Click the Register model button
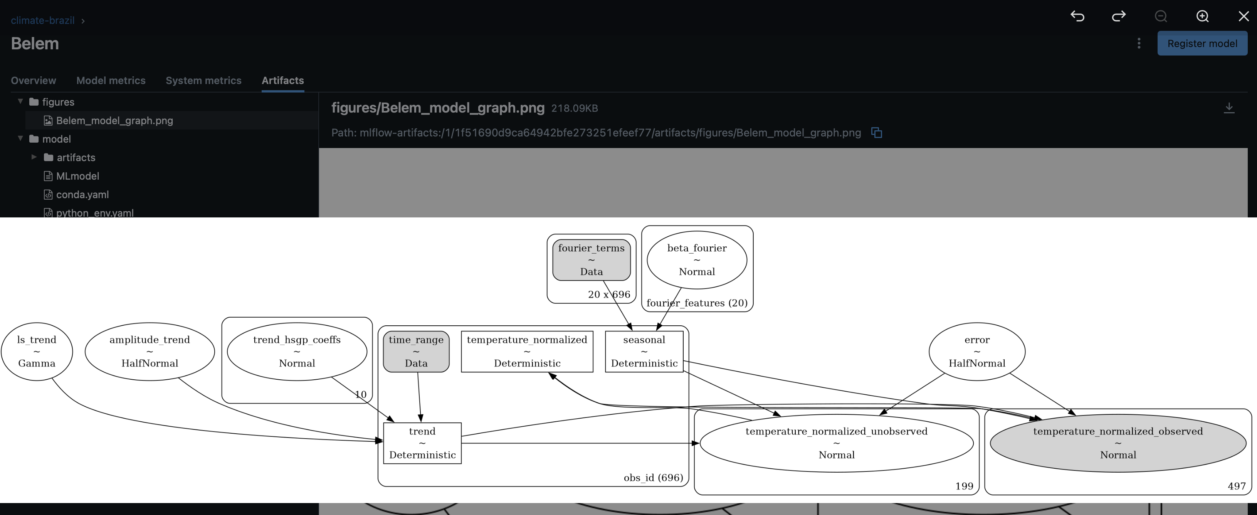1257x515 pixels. pyautogui.click(x=1202, y=44)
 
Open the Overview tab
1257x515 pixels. pyautogui.click(x=33, y=81)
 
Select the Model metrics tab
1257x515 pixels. pyautogui.click(x=111, y=81)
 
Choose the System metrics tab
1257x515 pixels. pyautogui.click(x=203, y=81)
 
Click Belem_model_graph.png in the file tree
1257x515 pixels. pyautogui.click(x=114, y=121)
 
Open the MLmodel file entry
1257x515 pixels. pyautogui.click(x=77, y=176)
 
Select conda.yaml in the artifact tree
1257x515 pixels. pyautogui.click(x=82, y=195)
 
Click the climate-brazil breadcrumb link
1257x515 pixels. pyautogui.click(x=42, y=20)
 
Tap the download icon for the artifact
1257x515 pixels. pyautogui.click(x=1229, y=108)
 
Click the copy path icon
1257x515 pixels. pyautogui.click(x=876, y=133)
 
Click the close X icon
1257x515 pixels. pyautogui.click(x=1244, y=16)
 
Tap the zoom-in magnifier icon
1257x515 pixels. pyautogui.click(x=1202, y=16)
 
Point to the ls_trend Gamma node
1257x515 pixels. pyautogui.click(x=37, y=352)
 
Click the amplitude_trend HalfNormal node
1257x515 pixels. pyautogui.click(x=150, y=352)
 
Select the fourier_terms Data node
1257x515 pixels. pyautogui.click(x=592, y=260)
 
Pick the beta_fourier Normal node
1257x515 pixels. pyautogui.click(x=697, y=260)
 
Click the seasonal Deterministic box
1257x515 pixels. pyautogui.click(x=644, y=352)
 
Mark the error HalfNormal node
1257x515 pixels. pyautogui.click(x=977, y=352)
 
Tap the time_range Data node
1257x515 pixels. pyautogui.click(x=416, y=352)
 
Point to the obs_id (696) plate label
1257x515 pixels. pyautogui.click(x=654, y=477)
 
